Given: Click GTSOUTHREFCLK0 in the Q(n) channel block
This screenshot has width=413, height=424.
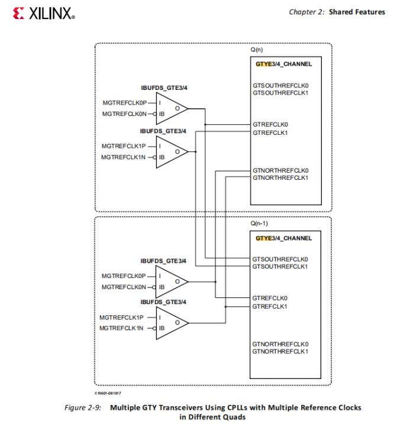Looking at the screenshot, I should pyautogui.click(x=280, y=86).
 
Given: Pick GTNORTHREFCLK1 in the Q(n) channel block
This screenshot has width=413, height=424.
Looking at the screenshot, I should pyautogui.click(x=280, y=177).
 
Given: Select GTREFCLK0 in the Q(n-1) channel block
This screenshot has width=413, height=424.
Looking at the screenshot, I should pyautogui.click(x=270, y=298).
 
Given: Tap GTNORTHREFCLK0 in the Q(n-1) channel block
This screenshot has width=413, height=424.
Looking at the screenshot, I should pyautogui.click(x=280, y=344).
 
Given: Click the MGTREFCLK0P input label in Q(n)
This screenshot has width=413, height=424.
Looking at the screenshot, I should pyautogui.click(x=124, y=103).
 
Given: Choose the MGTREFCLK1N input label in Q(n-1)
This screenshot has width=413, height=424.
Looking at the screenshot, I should pyautogui.click(x=121, y=328).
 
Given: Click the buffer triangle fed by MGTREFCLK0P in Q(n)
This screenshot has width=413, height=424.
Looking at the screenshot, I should pyautogui.click(x=172, y=108).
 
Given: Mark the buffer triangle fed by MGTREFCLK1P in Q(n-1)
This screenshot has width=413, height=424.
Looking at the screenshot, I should pyautogui.click(x=172, y=323).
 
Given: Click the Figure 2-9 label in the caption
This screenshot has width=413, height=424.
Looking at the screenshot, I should pyautogui.click(x=83, y=407).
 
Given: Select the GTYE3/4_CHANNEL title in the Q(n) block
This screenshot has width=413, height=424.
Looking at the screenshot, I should pyautogui.click(x=283, y=64).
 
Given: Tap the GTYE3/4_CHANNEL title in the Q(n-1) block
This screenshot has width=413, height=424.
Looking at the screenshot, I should pyautogui.click(x=283, y=238).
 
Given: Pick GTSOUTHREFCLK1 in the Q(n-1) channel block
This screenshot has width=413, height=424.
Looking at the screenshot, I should pyautogui.click(x=280, y=267).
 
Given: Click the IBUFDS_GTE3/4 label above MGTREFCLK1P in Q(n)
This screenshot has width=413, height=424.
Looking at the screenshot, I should pyautogui.click(x=163, y=131).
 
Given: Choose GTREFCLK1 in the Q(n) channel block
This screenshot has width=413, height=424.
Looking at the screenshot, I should pyautogui.click(x=270, y=132).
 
